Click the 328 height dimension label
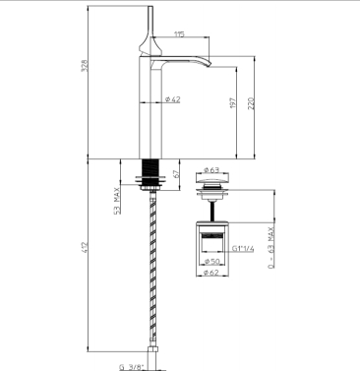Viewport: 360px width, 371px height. pos(85,66)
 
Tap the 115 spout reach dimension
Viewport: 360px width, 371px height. pos(179,34)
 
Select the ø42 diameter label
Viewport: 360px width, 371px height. pos(172,99)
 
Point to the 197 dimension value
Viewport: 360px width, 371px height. pos(233,103)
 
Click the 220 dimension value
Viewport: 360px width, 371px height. pos(252,103)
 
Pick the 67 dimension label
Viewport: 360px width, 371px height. pos(176,174)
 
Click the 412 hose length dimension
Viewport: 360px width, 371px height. pos(85,247)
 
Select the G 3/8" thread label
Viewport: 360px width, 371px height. pos(132,367)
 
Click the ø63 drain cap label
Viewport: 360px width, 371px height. pos(211,170)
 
